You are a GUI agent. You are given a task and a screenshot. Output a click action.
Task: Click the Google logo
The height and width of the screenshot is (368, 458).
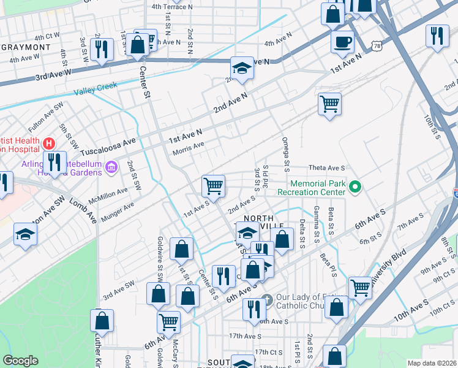point(20,361)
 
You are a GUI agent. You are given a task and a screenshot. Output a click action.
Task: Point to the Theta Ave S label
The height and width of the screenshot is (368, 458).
point(328,167)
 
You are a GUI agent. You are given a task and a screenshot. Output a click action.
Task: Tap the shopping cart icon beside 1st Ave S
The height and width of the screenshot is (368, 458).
point(213,185)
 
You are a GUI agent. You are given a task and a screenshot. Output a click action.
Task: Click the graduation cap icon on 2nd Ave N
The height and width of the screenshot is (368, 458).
point(242,69)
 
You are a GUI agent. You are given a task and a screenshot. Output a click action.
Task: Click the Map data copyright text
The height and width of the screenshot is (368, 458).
point(432,363)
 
